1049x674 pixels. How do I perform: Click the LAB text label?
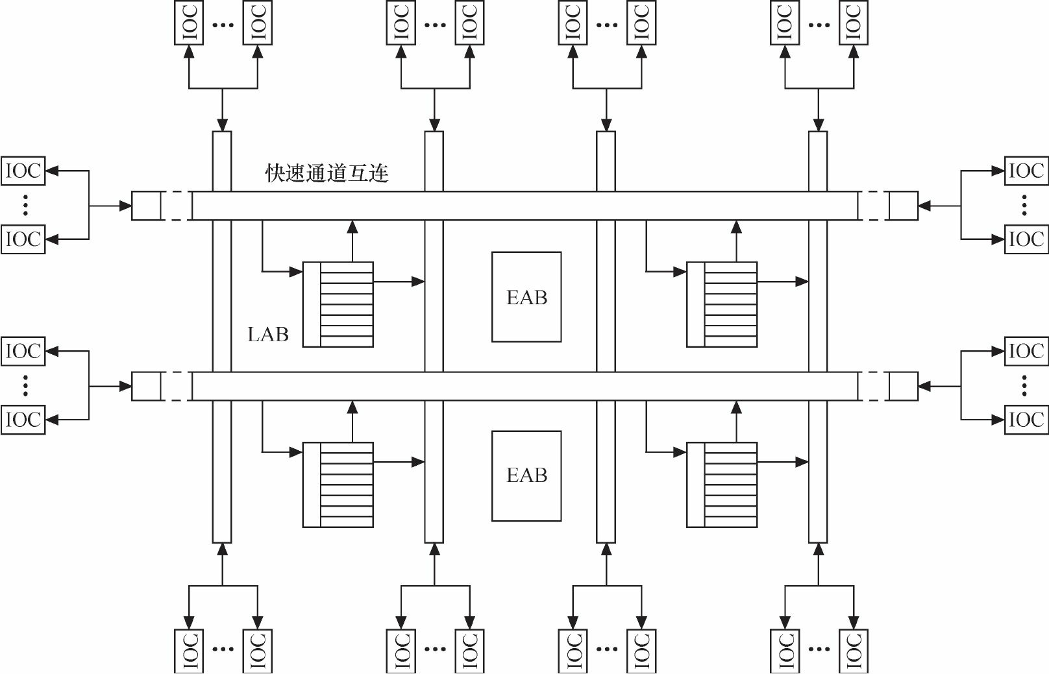coord(267,335)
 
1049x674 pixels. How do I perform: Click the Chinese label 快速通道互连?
coord(327,173)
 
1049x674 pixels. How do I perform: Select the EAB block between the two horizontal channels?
coord(526,297)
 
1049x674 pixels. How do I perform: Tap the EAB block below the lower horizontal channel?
coord(526,475)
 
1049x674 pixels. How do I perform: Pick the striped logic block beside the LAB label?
coord(338,304)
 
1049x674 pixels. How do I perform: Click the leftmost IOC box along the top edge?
coord(189,23)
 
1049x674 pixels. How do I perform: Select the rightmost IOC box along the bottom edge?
coord(854,651)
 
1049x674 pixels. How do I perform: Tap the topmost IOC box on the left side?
coord(23,171)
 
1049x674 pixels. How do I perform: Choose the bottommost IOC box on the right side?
coord(1026,420)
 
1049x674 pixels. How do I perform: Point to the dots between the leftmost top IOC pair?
coord(223,25)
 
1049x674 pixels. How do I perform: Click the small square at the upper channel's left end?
coord(146,206)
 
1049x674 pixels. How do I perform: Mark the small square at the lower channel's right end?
coord(903,386)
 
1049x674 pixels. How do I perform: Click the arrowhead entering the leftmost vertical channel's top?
coord(222,125)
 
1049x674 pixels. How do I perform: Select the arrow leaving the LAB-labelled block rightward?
coord(399,282)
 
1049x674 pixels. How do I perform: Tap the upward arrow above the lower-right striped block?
coord(736,421)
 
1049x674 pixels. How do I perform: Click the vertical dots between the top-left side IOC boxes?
coord(25,205)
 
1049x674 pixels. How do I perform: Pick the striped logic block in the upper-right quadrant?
coord(722,304)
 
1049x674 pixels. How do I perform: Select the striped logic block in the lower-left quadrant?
coord(338,485)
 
